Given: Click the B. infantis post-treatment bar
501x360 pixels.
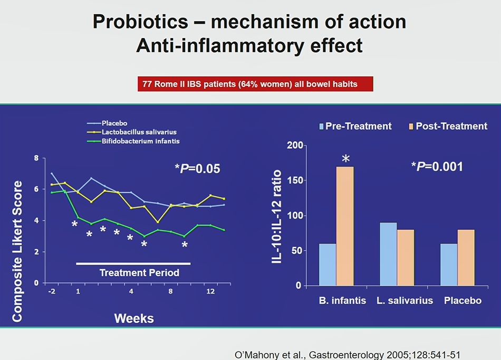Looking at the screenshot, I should [x=345, y=226].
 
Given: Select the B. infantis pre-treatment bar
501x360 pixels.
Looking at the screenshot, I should [x=327, y=264].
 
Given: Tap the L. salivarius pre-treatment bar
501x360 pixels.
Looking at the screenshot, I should [x=388, y=254].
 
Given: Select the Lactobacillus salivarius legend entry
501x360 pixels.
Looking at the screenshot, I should [x=139, y=132].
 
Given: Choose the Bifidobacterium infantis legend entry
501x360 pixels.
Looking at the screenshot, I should [x=141, y=141].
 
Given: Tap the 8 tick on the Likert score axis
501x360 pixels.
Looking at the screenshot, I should [x=36, y=158].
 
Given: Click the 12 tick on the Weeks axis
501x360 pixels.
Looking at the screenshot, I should [x=210, y=292].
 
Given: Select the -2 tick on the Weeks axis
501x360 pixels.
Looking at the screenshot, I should [x=52, y=292].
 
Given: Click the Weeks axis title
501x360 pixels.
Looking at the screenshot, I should [x=134, y=318].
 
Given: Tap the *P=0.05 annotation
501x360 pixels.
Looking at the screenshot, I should [x=197, y=169].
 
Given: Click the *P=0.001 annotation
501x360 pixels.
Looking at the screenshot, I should [x=437, y=167].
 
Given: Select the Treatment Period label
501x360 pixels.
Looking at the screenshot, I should [x=140, y=273].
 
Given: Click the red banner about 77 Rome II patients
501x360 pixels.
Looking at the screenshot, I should [x=255, y=84].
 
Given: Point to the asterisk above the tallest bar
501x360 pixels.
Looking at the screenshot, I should [x=345, y=159].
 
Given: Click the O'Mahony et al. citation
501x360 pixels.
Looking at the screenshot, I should [x=344, y=354].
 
